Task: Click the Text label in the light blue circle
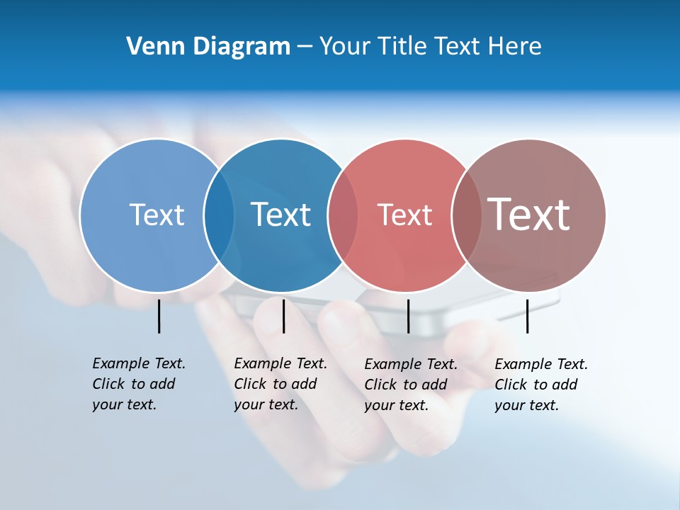coord(157,215)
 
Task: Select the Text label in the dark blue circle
coord(280,215)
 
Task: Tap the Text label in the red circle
coord(404,215)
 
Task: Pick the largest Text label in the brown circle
coord(528,214)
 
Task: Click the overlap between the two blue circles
coord(219,215)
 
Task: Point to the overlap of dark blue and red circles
coord(343,215)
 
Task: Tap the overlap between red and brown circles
coord(467,215)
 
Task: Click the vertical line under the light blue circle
coord(159,316)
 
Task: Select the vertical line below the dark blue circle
coord(283,316)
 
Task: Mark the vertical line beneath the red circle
coord(408,316)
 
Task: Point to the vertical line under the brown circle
coord(527,316)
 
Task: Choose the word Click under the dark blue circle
coord(250,384)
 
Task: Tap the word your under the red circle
coord(379,405)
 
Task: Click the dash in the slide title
coord(305,47)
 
